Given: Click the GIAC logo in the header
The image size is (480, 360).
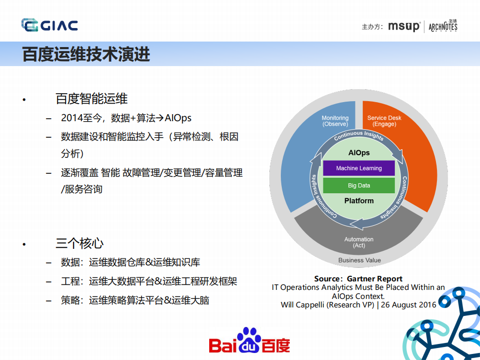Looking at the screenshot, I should (x=50, y=25).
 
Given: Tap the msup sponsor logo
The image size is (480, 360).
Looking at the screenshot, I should (x=404, y=27).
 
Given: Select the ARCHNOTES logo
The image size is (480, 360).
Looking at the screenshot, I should (x=443, y=27).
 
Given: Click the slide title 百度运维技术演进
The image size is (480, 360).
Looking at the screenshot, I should (x=86, y=54).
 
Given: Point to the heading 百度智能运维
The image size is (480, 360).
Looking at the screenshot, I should (x=92, y=99).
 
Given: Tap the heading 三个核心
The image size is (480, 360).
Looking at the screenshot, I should (x=80, y=244).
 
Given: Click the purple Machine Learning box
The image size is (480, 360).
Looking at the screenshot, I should (x=359, y=168).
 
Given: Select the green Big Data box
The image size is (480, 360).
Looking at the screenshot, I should (x=359, y=185).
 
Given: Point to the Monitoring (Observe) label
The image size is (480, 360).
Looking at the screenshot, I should (x=335, y=121).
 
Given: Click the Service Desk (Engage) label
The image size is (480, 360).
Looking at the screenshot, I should (x=384, y=121).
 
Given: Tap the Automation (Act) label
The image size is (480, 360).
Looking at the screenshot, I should (x=359, y=242).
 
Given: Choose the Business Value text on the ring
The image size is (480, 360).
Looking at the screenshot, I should (x=359, y=260).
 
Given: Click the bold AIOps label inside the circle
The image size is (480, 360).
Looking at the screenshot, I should (x=359, y=152).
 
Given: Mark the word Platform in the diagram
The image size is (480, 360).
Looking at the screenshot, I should (x=359, y=201).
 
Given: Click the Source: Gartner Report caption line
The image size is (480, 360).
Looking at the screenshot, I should (x=358, y=279).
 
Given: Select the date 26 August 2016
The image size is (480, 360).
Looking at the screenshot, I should (x=408, y=304).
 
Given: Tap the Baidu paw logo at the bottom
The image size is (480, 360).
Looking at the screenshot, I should (x=249, y=341).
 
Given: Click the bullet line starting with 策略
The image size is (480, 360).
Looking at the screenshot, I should (x=135, y=300).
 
